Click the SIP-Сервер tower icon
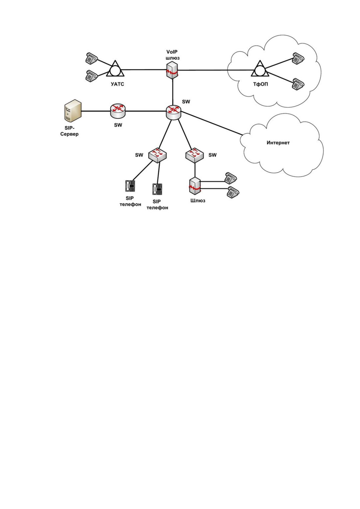(x=73, y=111)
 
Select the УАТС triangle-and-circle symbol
(x=115, y=69)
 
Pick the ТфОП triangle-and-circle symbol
(x=260, y=69)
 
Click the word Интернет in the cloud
(x=278, y=143)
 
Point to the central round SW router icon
(x=174, y=112)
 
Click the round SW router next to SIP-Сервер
(x=118, y=111)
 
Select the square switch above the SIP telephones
(x=157, y=155)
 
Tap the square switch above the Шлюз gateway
(x=195, y=155)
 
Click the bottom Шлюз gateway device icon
(x=195, y=186)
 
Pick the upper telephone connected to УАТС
(x=91, y=58)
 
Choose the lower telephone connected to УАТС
(x=91, y=76)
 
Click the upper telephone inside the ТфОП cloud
(x=298, y=58)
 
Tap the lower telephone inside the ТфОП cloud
(x=298, y=84)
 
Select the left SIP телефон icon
(x=130, y=186)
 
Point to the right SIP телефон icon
(x=157, y=189)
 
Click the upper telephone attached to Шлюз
(x=230, y=178)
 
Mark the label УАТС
(x=118, y=84)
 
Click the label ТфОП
(x=261, y=84)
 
